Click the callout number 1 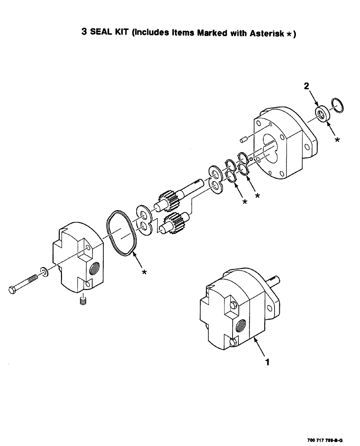267,363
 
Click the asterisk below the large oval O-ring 144,273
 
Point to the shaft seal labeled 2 322,112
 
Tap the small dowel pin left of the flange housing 243,140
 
